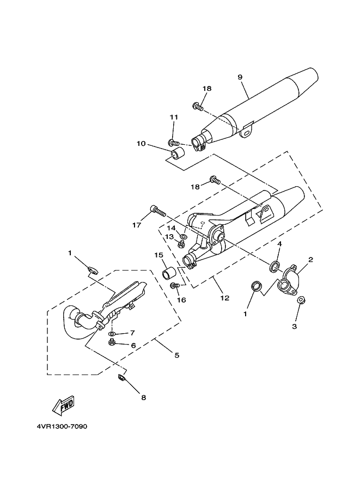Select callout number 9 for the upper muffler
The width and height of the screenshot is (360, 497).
pyautogui.click(x=240, y=77)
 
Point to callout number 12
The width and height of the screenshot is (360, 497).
pyautogui.click(x=224, y=298)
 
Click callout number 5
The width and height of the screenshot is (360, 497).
pyautogui.click(x=177, y=355)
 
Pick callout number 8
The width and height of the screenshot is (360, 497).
pyautogui.click(x=144, y=397)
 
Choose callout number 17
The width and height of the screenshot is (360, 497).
pyautogui.click(x=136, y=224)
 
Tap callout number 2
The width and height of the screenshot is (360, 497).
pyautogui.click(x=310, y=260)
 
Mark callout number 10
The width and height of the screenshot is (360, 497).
pyautogui.click(x=141, y=144)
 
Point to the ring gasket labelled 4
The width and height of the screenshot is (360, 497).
pyautogui.click(x=274, y=266)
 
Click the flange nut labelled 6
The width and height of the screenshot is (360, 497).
pyautogui.click(x=112, y=342)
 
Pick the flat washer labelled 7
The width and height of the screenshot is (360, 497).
pyautogui.click(x=112, y=333)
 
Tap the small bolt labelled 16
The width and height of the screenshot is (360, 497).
pyautogui.click(x=175, y=285)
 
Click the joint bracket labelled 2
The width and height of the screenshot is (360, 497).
pyautogui.click(x=289, y=281)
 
